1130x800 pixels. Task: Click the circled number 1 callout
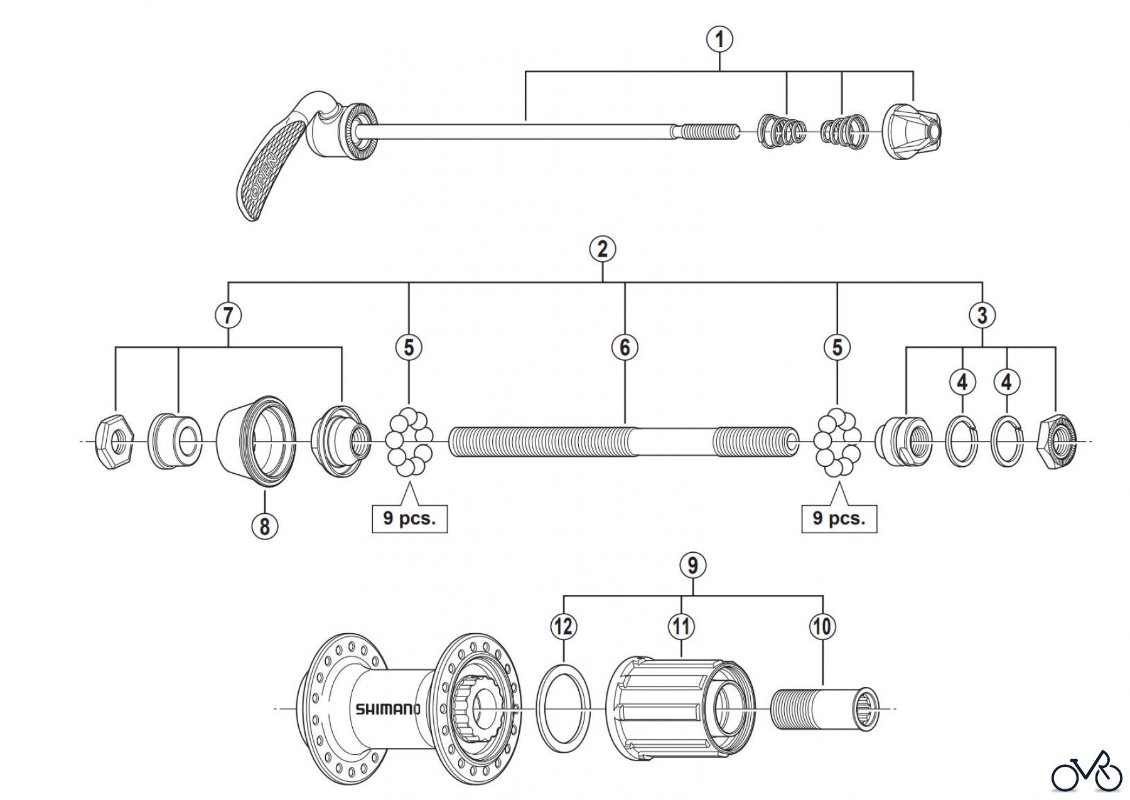coord(719,40)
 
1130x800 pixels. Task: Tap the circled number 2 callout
coord(603,249)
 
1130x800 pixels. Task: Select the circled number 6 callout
coord(625,347)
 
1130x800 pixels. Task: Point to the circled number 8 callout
coord(264,525)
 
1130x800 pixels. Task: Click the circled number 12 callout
coord(564,626)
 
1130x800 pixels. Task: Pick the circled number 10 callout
coord(822,626)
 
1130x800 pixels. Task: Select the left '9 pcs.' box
coord(409,519)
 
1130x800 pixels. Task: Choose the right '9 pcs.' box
coord(839,518)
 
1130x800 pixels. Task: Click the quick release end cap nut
coord(913,133)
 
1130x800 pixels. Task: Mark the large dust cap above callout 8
coord(256,442)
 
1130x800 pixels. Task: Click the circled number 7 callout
coord(228,315)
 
